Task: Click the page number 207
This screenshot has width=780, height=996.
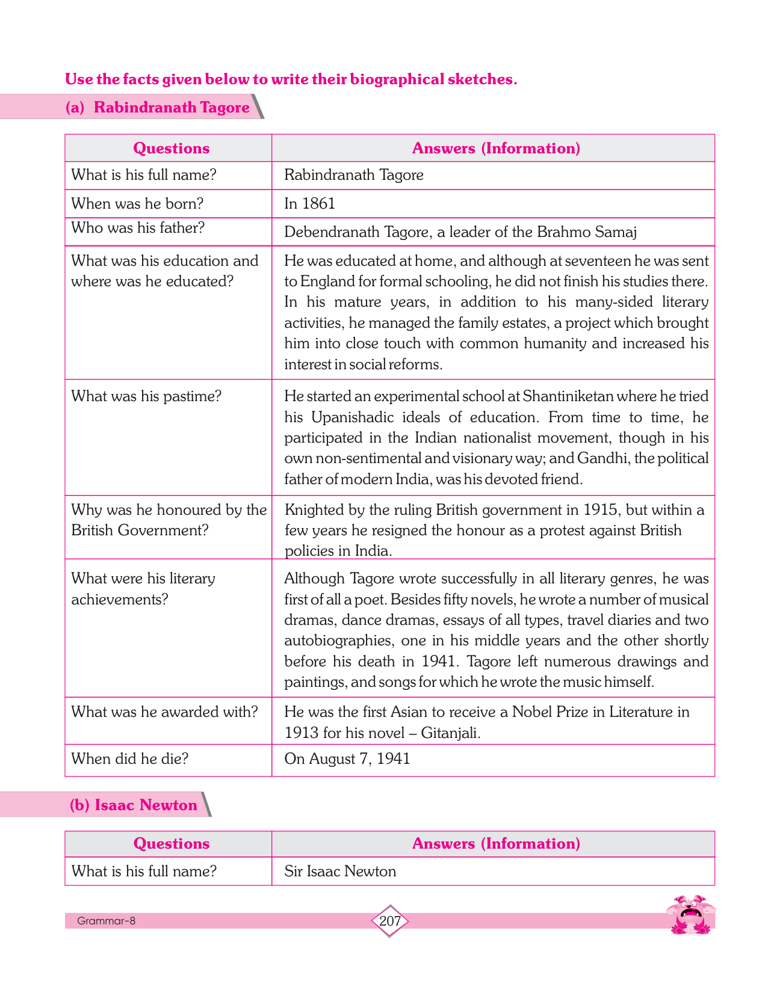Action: [x=390, y=921]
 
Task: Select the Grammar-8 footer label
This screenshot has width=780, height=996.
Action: [x=107, y=921]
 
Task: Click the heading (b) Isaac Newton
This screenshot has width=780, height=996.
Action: [x=134, y=805]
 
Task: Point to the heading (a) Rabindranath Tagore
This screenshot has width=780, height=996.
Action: [x=157, y=107]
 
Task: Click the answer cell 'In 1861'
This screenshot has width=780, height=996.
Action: [x=309, y=203]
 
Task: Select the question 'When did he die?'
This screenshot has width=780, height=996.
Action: [x=130, y=758]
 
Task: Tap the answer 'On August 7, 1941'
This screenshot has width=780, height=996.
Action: [x=347, y=758]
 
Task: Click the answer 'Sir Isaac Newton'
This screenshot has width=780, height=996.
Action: [x=340, y=871]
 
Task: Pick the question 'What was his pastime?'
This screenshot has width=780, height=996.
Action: [x=146, y=396]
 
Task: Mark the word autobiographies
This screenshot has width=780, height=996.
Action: [x=338, y=641]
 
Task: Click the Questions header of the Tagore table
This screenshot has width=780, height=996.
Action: [x=171, y=148]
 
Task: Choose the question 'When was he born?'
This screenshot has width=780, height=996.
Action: [x=137, y=203]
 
